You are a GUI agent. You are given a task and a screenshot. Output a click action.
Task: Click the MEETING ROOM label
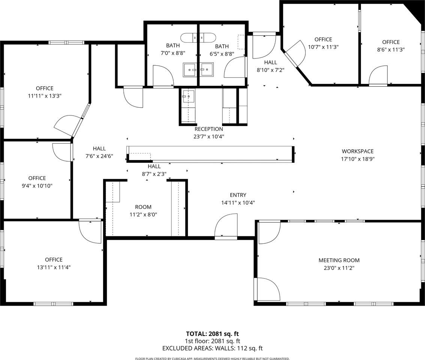339,260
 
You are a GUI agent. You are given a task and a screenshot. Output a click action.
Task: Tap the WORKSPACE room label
357,151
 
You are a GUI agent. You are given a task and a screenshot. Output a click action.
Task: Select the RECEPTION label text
209,129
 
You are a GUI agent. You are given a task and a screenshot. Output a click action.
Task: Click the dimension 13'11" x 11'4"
54,267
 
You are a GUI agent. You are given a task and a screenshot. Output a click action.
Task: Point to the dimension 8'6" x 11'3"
391,49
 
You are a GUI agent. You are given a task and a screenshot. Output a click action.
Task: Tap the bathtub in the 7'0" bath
198,37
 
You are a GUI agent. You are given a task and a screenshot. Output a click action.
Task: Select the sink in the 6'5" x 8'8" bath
207,69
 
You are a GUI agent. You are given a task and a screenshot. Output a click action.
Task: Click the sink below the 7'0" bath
189,96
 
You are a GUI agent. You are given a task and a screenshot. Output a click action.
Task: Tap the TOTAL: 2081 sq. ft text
212,333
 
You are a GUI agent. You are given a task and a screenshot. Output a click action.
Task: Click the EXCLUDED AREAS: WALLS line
212,348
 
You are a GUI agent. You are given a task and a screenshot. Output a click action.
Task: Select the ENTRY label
238,195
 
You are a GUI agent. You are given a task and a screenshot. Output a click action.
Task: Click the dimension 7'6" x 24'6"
99,156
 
